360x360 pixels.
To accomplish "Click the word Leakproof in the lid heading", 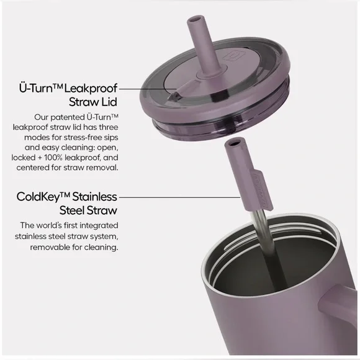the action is coord(91,89).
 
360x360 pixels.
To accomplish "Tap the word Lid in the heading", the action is coord(109,102).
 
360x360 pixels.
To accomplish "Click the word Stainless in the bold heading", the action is coord(94,197).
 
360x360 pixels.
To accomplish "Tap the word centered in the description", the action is coord(33,168).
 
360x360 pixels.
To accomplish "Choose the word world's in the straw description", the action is coord(49,225).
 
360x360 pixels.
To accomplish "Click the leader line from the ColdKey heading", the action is coord(180,197).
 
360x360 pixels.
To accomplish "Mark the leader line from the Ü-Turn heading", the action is coord(148,89).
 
